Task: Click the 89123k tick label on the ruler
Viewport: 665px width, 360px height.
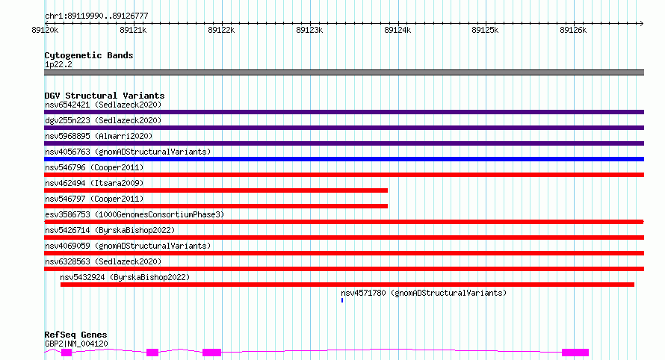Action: (309, 31)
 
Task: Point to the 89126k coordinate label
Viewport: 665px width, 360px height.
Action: (573, 31)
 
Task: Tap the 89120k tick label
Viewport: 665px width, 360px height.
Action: (45, 31)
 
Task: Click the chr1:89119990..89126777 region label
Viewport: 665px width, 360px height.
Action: (96, 16)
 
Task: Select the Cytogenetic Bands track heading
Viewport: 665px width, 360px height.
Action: (89, 55)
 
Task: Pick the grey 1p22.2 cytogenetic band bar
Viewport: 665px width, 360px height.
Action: (344, 72)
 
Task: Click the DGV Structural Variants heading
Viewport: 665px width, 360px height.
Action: (105, 96)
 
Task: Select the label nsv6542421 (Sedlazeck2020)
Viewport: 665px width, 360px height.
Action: (103, 105)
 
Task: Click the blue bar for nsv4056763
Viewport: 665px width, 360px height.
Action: (344, 159)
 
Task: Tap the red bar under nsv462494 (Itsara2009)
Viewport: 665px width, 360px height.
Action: (216, 190)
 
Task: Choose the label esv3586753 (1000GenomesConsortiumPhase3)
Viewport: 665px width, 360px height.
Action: (134, 214)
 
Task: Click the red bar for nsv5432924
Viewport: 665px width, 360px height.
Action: (347, 285)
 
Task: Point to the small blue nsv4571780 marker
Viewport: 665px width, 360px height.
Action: (342, 300)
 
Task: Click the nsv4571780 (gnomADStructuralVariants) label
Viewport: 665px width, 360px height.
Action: (424, 293)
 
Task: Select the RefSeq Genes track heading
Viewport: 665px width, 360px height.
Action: (75, 335)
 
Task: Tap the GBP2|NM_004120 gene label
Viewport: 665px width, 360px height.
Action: (76, 344)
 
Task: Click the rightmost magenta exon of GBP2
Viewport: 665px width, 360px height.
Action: (575, 352)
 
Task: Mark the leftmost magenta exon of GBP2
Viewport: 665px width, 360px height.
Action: (66, 353)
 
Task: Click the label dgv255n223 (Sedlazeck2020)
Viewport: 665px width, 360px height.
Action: (103, 120)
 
